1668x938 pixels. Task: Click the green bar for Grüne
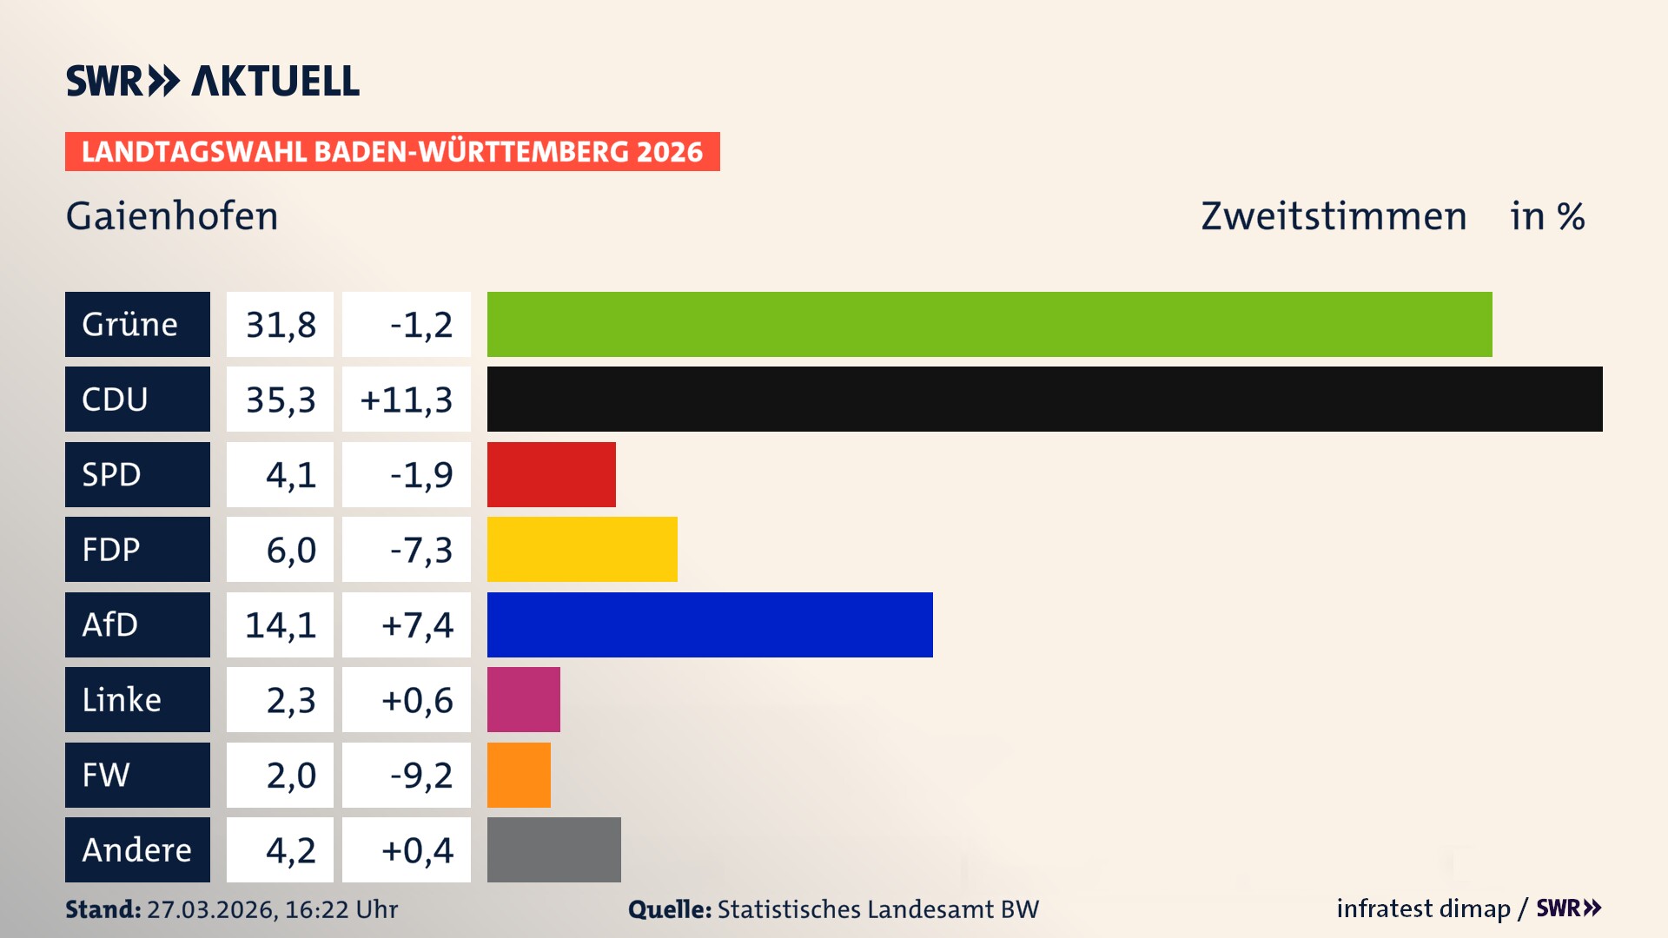(989, 324)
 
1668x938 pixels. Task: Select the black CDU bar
(1044, 399)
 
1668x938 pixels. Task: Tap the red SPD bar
(551, 474)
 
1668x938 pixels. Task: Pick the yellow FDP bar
(582, 549)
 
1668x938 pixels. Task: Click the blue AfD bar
(710, 624)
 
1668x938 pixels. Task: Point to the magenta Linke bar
(523, 699)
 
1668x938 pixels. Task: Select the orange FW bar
(519, 775)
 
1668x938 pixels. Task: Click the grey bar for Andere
(553, 849)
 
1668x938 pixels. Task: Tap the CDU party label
(137, 399)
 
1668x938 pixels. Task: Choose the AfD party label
(137, 624)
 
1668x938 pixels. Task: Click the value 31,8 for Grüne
(280, 324)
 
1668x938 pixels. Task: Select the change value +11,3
(406, 399)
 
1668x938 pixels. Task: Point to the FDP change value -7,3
(420, 549)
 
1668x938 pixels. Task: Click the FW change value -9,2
(420, 775)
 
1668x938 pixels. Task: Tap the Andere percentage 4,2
(290, 849)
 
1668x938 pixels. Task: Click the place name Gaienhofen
(172, 215)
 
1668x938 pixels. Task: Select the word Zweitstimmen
(1333, 215)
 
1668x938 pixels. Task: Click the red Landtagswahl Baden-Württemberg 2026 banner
(392, 151)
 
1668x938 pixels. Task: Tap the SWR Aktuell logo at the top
(212, 81)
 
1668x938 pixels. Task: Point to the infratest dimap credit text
(1423, 908)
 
